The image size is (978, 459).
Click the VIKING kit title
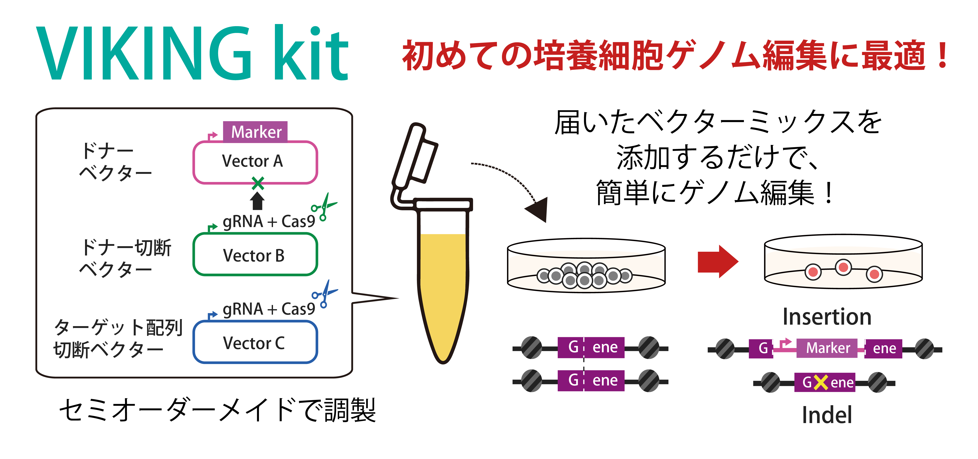point(192,53)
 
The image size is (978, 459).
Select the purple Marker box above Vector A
point(255,132)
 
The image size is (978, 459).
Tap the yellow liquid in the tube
point(443,288)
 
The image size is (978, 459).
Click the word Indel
point(827,415)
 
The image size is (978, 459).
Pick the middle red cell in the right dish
point(843,267)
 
